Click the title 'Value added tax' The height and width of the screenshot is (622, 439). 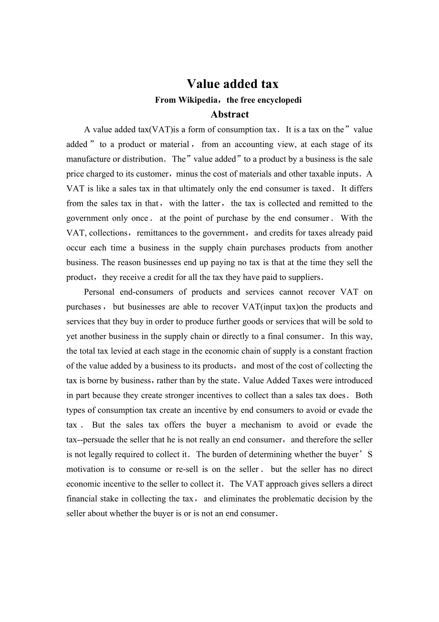point(232,84)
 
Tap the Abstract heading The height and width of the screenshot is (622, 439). point(230,115)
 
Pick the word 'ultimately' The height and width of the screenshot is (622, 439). point(188,189)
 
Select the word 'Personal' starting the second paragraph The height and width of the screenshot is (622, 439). point(99,292)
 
